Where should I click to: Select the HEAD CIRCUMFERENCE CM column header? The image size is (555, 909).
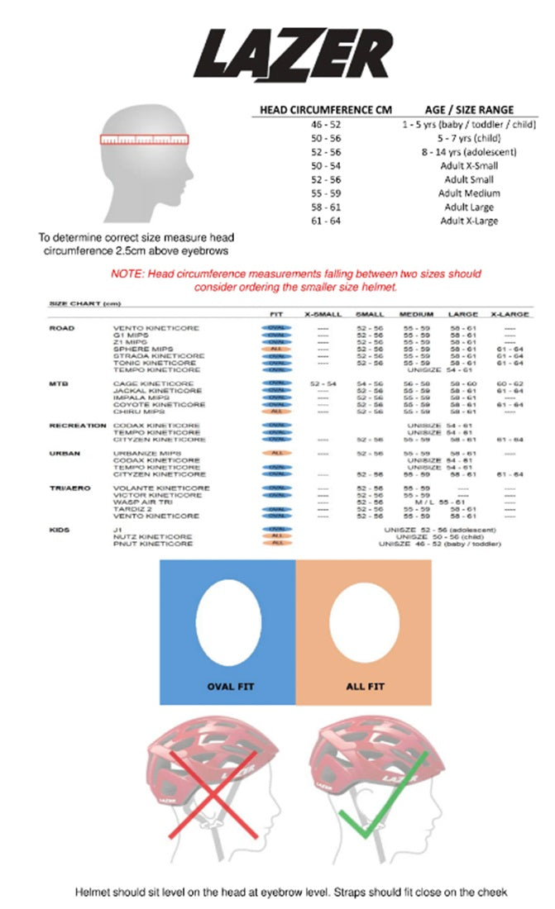[325, 109]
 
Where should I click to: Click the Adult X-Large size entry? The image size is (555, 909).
[469, 221]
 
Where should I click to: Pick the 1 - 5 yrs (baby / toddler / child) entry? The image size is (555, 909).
[469, 123]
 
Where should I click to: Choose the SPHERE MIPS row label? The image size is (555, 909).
[138, 349]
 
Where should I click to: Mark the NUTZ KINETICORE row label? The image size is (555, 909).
[152, 536]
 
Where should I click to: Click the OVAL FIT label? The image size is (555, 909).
[231, 686]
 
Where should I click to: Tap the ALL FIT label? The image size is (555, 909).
[365, 686]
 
